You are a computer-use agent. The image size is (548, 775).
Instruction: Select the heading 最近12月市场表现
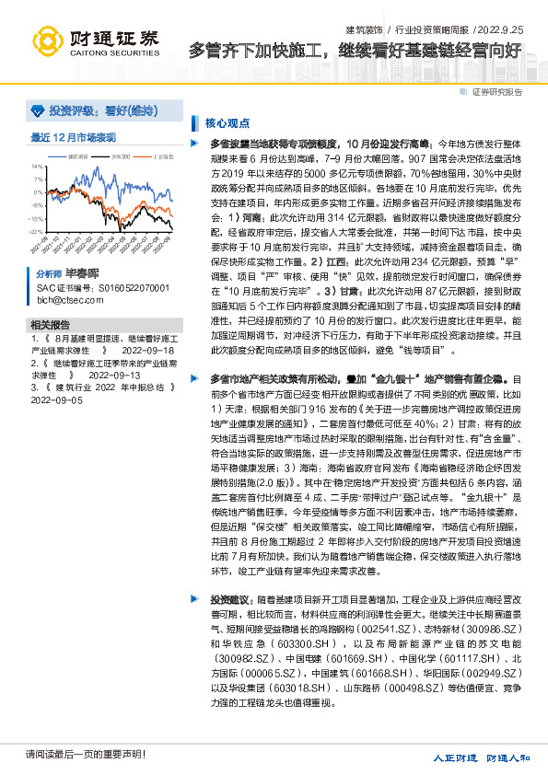pos(73,137)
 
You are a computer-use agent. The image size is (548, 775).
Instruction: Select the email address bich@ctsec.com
pos(64,300)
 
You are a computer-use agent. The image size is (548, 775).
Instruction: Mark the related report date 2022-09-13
pos(115,376)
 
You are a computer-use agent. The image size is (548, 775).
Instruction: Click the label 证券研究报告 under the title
pos(497,92)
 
